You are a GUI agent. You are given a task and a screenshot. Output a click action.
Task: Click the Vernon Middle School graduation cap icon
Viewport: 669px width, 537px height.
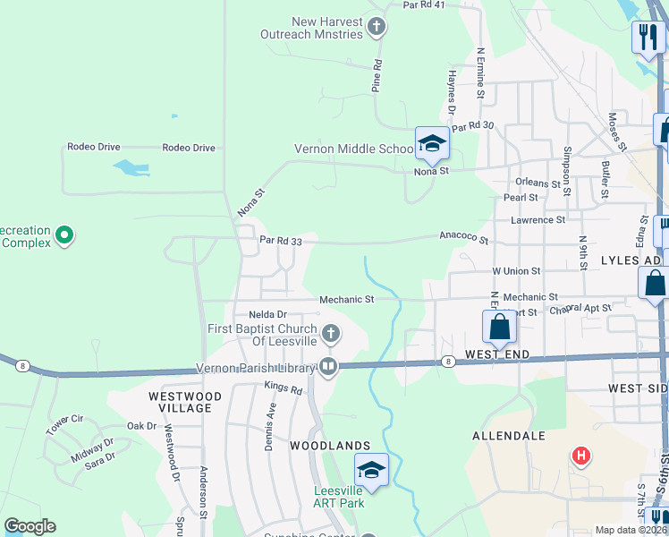431,143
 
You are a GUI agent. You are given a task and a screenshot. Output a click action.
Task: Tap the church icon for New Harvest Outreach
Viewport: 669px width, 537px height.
377,27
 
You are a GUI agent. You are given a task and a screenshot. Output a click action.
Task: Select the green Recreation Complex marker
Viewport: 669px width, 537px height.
64,236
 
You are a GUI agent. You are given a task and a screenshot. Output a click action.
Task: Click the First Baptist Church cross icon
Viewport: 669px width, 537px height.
331,335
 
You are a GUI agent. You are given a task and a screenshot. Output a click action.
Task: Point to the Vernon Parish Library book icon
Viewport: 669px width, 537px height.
328,366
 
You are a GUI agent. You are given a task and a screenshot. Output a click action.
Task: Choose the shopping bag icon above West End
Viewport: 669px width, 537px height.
499,328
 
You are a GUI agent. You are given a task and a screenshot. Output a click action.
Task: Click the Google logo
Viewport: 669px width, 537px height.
30,526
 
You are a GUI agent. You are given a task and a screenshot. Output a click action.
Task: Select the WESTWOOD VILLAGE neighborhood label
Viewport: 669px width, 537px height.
180,402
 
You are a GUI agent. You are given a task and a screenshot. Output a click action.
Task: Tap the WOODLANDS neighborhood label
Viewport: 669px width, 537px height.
329,445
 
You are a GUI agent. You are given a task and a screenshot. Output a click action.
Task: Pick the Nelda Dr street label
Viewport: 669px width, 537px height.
267,314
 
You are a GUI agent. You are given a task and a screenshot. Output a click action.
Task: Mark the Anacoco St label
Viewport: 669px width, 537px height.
463,238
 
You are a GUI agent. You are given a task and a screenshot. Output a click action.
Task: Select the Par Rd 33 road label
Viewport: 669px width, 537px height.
287,240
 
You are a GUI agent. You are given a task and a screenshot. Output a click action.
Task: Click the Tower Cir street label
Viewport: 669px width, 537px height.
64,419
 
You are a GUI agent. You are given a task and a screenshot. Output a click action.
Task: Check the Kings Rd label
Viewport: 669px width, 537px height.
284,387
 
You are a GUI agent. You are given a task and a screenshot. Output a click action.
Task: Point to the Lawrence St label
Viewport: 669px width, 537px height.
538,219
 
